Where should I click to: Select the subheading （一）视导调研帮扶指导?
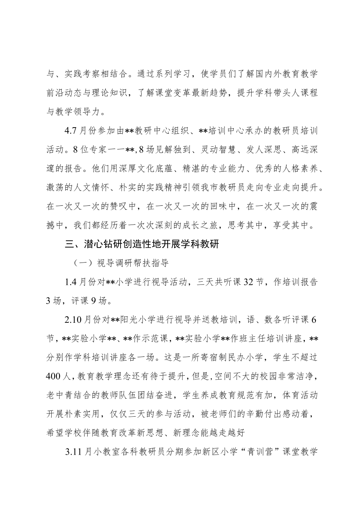pos(121,263)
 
